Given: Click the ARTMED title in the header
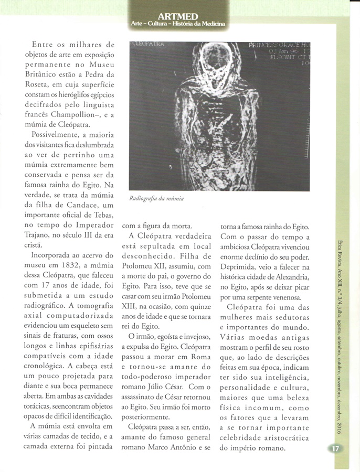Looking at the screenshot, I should coord(179,16).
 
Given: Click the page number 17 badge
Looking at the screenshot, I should coord(335,449).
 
